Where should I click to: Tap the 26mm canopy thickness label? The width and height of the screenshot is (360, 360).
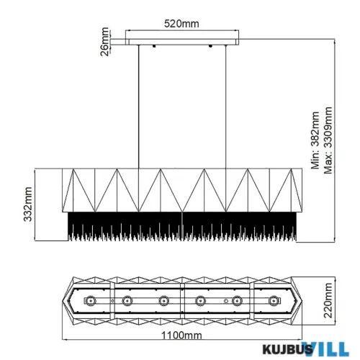click(105, 42)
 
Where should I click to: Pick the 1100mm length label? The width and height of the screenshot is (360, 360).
click(181, 336)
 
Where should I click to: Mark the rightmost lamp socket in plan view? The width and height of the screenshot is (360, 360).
click(273, 300)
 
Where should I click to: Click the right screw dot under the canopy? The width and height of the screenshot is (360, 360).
click(210, 46)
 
